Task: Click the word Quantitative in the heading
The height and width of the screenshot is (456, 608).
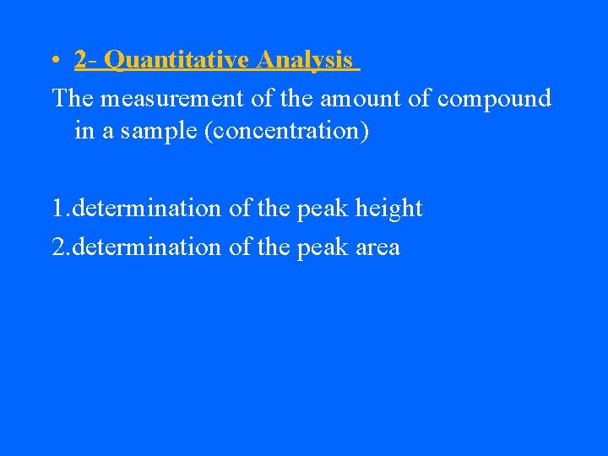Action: pyautogui.click(x=177, y=60)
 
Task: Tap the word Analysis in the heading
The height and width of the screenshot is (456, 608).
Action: pyautogui.click(x=305, y=60)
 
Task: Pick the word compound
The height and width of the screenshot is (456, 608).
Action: pyautogui.click(x=494, y=99)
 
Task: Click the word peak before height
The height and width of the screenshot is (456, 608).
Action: pyautogui.click(x=319, y=209)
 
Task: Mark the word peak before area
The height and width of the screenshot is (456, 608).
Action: pyautogui.click(x=319, y=247)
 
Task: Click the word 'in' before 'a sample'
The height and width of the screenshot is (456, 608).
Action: pyautogui.click(x=84, y=133)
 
